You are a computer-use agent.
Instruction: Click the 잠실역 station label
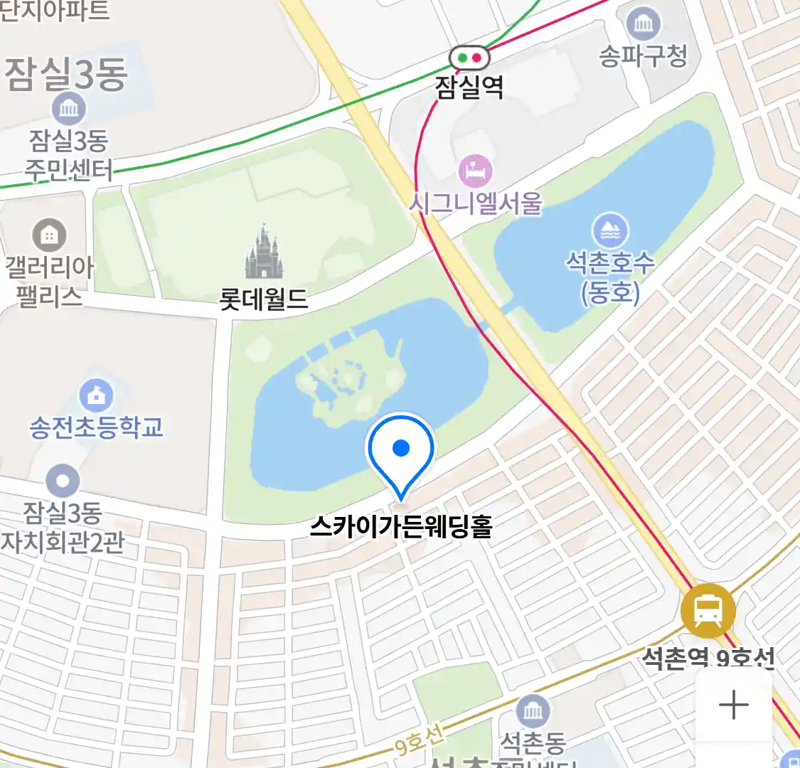[469, 87]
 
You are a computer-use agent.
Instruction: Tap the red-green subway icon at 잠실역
[469, 57]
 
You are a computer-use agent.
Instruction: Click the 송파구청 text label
[644, 55]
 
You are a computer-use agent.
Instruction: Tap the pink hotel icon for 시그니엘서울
[476, 171]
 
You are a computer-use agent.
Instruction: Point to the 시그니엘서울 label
[476, 203]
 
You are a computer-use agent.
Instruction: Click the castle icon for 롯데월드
[264, 252]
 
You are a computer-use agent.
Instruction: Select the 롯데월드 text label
[264, 299]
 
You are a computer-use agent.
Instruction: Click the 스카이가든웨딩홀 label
[401, 527]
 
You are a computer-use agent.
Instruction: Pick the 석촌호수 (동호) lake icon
[609, 230]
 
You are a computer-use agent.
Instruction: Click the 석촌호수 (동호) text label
[609, 277]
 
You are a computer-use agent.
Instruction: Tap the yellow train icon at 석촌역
[708, 611]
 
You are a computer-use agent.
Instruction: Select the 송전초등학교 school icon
[96, 394]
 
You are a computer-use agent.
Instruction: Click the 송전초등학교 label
[96, 427]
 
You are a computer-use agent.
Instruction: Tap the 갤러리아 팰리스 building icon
[49, 235]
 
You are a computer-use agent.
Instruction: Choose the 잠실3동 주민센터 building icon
[69, 109]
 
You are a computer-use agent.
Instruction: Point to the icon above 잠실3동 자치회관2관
[63, 481]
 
